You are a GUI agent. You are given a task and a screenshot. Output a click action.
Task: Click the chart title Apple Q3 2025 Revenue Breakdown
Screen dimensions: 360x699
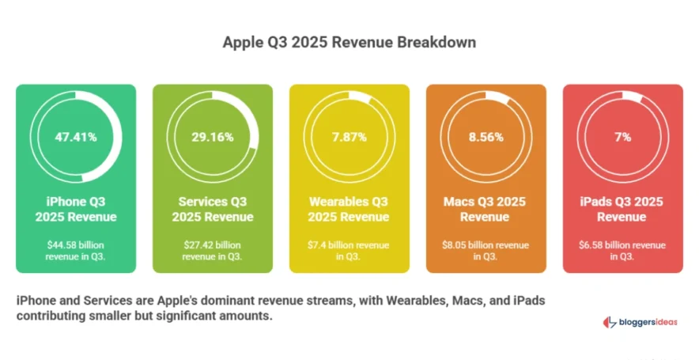tap(349, 42)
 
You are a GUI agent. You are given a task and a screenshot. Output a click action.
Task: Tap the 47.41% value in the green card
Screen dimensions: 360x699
tap(76, 137)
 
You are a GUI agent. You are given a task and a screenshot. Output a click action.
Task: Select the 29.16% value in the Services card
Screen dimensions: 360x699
tap(212, 137)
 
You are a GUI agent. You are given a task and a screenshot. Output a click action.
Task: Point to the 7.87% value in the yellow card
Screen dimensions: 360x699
tap(349, 137)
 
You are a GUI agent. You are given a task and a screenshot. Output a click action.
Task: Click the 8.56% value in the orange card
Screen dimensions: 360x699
tap(486, 137)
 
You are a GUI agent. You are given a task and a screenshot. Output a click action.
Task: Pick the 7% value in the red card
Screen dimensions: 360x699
tap(622, 137)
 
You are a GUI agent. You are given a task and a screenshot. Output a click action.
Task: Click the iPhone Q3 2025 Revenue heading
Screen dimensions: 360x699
tap(76, 209)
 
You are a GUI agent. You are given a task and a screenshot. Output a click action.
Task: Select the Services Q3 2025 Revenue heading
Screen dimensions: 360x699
tap(212, 209)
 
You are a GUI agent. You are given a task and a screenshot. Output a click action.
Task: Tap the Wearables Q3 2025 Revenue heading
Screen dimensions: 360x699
tap(349, 209)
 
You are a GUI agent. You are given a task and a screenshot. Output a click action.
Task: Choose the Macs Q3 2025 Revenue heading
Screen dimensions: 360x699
tap(486, 209)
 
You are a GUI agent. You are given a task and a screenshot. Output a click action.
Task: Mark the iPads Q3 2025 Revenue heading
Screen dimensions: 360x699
tap(622, 209)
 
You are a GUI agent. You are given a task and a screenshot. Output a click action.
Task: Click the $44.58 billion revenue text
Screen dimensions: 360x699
tap(76, 250)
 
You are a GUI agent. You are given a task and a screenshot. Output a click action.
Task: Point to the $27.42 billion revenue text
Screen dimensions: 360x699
tap(212, 250)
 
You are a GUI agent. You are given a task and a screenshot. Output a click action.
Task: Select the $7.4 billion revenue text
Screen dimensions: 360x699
tap(349, 250)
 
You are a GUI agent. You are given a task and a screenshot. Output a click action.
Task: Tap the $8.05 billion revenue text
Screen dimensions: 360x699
tap(486, 250)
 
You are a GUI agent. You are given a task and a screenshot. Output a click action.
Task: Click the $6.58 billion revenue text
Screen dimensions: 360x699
tap(622, 250)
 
